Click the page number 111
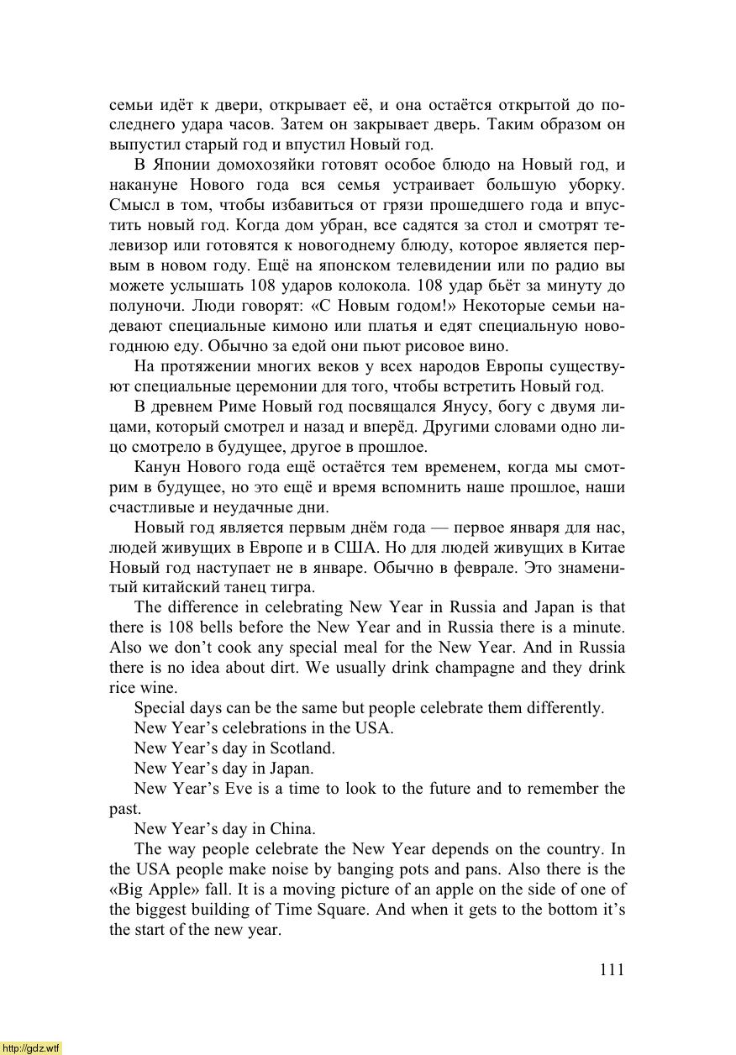(612, 969)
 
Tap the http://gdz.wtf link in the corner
(31, 1047)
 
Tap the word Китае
(604, 548)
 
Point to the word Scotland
(302, 748)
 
